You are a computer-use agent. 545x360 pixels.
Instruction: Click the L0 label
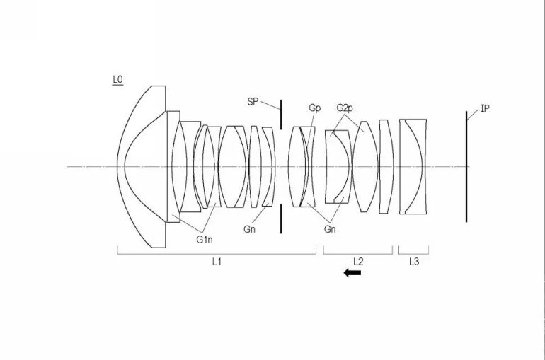[x=117, y=81]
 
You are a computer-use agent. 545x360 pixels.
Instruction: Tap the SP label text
[x=253, y=102]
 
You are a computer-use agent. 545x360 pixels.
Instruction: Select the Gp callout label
[x=314, y=108]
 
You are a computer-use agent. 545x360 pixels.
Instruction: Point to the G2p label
[x=345, y=108]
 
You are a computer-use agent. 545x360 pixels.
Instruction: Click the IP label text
[x=484, y=109]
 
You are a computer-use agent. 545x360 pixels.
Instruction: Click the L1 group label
[x=217, y=262]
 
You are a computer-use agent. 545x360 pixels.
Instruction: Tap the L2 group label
[x=357, y=262]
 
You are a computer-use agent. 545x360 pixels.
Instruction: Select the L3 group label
[x=414, y=262]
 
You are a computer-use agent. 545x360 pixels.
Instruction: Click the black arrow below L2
[x=352, y=273]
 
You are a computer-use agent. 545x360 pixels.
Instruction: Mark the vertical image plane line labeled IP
[x=466, y=166]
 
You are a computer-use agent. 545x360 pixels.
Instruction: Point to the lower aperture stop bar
[x=281, y=219]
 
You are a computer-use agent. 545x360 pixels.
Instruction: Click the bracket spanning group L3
[x=414, y=250]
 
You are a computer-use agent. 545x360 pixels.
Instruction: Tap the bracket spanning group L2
[x=357, y=250]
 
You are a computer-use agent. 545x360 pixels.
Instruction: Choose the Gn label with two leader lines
[x=330, y=229]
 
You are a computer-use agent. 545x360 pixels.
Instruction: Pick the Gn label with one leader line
[x=249, y=229]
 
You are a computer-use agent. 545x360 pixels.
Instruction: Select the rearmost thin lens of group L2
[x=385, y=166]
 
